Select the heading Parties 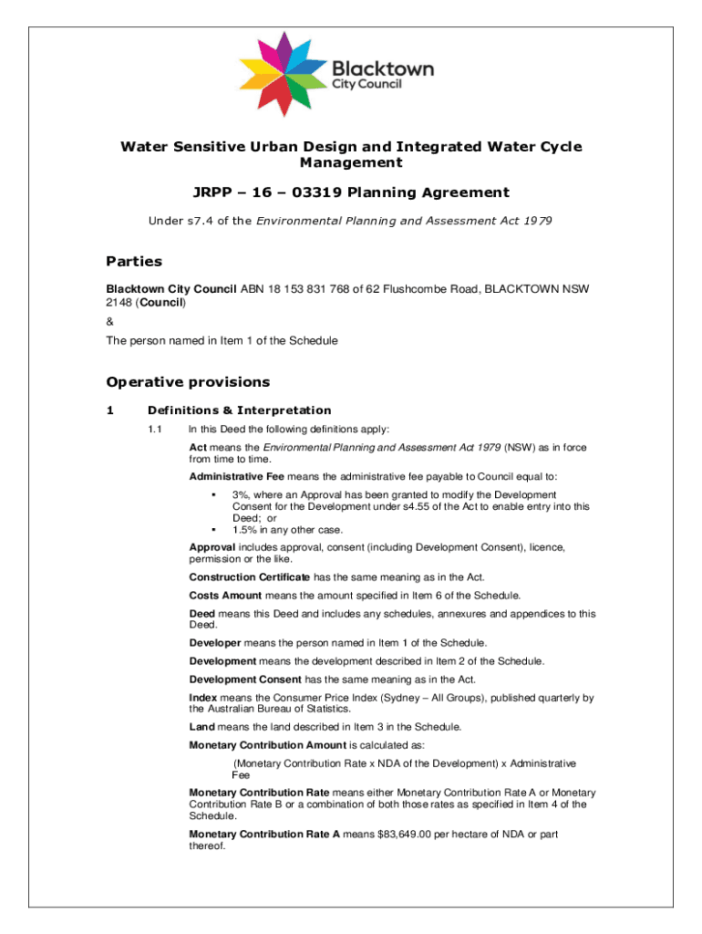[134, 262]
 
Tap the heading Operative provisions [188, 382]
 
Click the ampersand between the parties [110, 321]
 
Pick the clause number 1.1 [154, 429]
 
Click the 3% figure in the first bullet [241, 494]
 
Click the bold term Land [201, 727]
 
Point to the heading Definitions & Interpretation [239, 410]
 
